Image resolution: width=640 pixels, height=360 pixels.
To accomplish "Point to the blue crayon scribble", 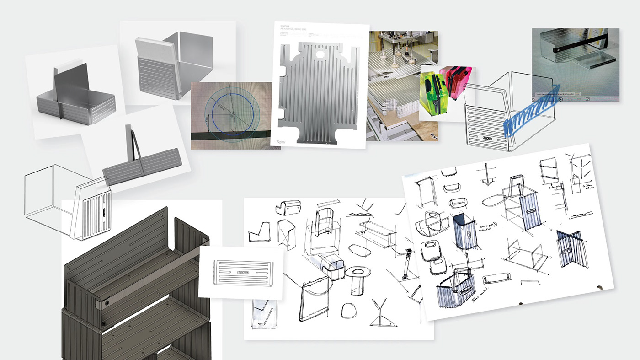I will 530,112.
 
